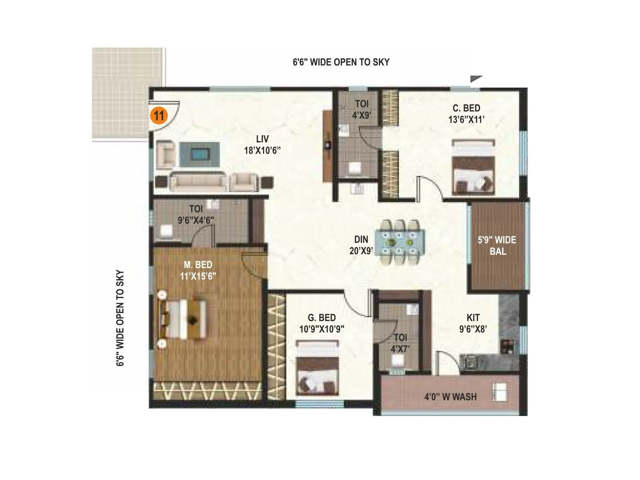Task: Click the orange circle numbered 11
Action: pyautogui.click(x=159, y=116)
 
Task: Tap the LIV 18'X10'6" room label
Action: pyautogui.click(x=262, y=145)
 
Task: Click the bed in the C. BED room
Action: pyautogui.click(x=473, y=167)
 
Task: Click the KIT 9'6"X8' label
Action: pyautogui.click(x=473, y=323)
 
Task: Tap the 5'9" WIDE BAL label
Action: pyautogui.click(x=497, y=246)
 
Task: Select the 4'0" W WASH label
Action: pyautogui.click(x=450, y=397)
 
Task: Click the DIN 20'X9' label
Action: pyautogui.click(x=361, y=245)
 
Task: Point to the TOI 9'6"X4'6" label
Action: pyautogui.click(x=196, y=214)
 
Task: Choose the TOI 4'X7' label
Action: pyautogui.click(x=400, y=343)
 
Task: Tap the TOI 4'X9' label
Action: pyautogui.click(x=362, y=110)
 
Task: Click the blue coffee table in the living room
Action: pyautogui.click(x=199, y=154)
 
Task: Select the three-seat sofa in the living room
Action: pyautogui.click(x=199, y=182)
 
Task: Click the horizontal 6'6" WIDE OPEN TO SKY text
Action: pyautogui.click(x=341, y=62)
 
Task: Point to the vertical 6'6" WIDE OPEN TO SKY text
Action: pyautogui.click(x=120, y=318)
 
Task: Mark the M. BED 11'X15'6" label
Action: pyautogui.click(x=198, y=270)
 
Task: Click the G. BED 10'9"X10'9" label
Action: pyautogui.click(x=322, y=323)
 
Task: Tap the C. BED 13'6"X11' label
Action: pyautogui.click(x=466, y=114)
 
